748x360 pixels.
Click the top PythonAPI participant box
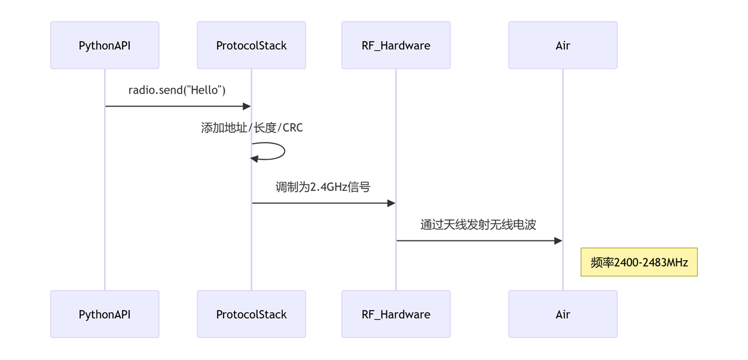[x=105, y=45]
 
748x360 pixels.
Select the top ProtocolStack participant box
[x=252, y=45]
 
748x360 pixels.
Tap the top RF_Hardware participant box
[x=396, y=45]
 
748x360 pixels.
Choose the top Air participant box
[x=563, y=45]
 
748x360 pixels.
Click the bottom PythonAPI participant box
[x=105, y=314]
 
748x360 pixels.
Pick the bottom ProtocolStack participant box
[x=252, y=314]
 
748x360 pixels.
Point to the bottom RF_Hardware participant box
[x=396, y=314]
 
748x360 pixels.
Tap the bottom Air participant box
[x=563, y=314]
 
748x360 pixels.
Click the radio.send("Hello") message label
[x=177, y=90]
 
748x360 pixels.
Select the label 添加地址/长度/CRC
[x=252, y=127]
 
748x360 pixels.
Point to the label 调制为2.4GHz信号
[x=323, y=187]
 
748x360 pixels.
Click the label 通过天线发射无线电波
[x=478, y=224]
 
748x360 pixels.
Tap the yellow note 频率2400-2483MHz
[x=639, y=262]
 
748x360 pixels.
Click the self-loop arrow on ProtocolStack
[x=285, y=151]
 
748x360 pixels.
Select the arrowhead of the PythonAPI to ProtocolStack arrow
[x=247, y=106]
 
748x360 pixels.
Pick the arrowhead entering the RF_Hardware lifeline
[x=392, y=203]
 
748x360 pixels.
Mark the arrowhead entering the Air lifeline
[x=558, y=240]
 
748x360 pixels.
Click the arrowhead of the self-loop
[x=254, y=159]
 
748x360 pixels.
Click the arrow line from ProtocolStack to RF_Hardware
[x=323, y=203]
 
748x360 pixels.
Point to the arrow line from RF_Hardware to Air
[x=480, y=240]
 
